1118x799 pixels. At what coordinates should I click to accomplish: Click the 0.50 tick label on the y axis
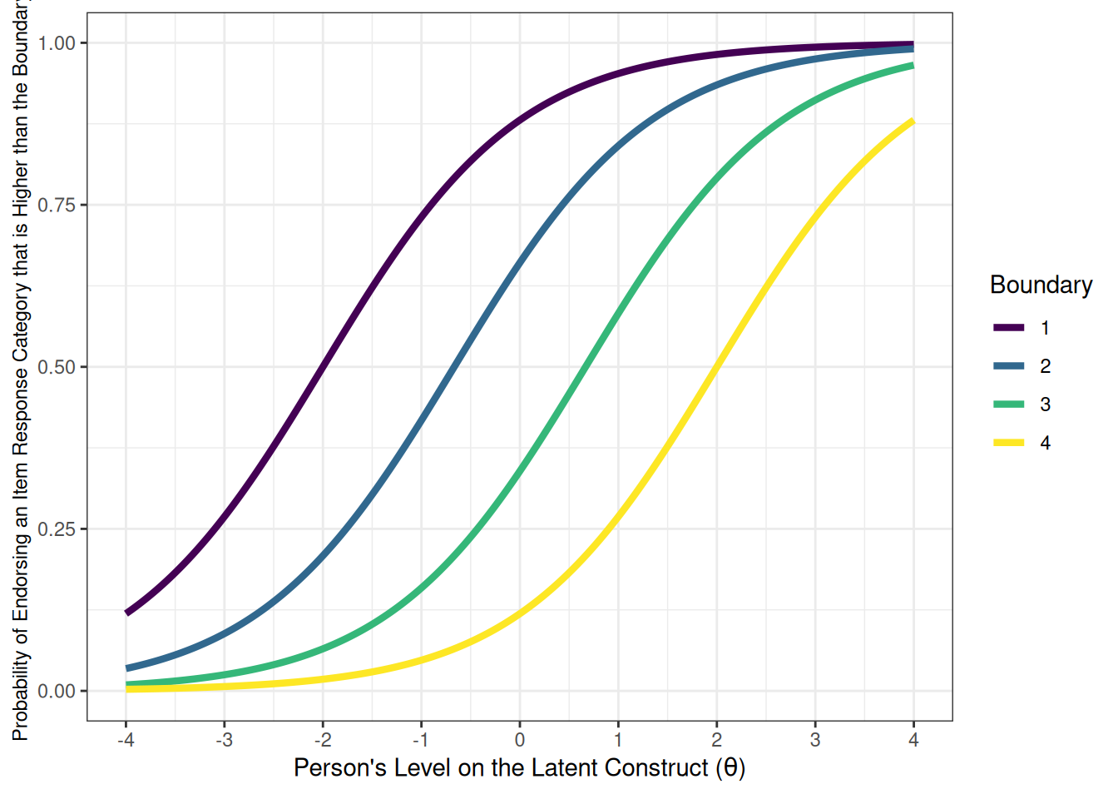tap(56, 367)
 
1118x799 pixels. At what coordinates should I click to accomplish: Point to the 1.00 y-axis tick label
tap(56, 43)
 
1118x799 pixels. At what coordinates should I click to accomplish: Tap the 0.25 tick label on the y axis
tap(56, 529)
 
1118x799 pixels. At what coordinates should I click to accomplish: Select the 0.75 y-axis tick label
tap(56, 206)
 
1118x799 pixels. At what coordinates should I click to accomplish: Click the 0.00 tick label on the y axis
tap(56, 691)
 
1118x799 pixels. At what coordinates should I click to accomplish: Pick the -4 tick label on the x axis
tap(126, 740)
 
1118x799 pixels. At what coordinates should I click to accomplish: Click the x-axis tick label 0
tap(520, 740)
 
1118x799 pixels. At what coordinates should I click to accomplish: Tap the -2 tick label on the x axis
tap(323, 740)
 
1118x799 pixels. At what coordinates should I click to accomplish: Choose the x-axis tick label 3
tap(815, 740)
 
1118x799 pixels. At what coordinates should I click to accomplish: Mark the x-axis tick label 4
tap(913, 740)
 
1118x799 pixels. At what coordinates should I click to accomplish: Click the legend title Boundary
tap(1041, 285)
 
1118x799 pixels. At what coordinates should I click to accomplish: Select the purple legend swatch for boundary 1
tap(1008, 328)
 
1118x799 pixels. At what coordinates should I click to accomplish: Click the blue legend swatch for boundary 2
tap(1008, 366)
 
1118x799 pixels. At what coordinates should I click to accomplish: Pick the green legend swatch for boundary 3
tap(1008, 404)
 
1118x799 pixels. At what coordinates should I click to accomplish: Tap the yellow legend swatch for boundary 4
tap(1008, 443)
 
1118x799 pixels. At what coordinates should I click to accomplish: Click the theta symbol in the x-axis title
tap(730, 767)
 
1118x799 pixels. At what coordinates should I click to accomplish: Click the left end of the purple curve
tap(127, 613)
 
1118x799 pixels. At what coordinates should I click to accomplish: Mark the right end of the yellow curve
tap(913, 122)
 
